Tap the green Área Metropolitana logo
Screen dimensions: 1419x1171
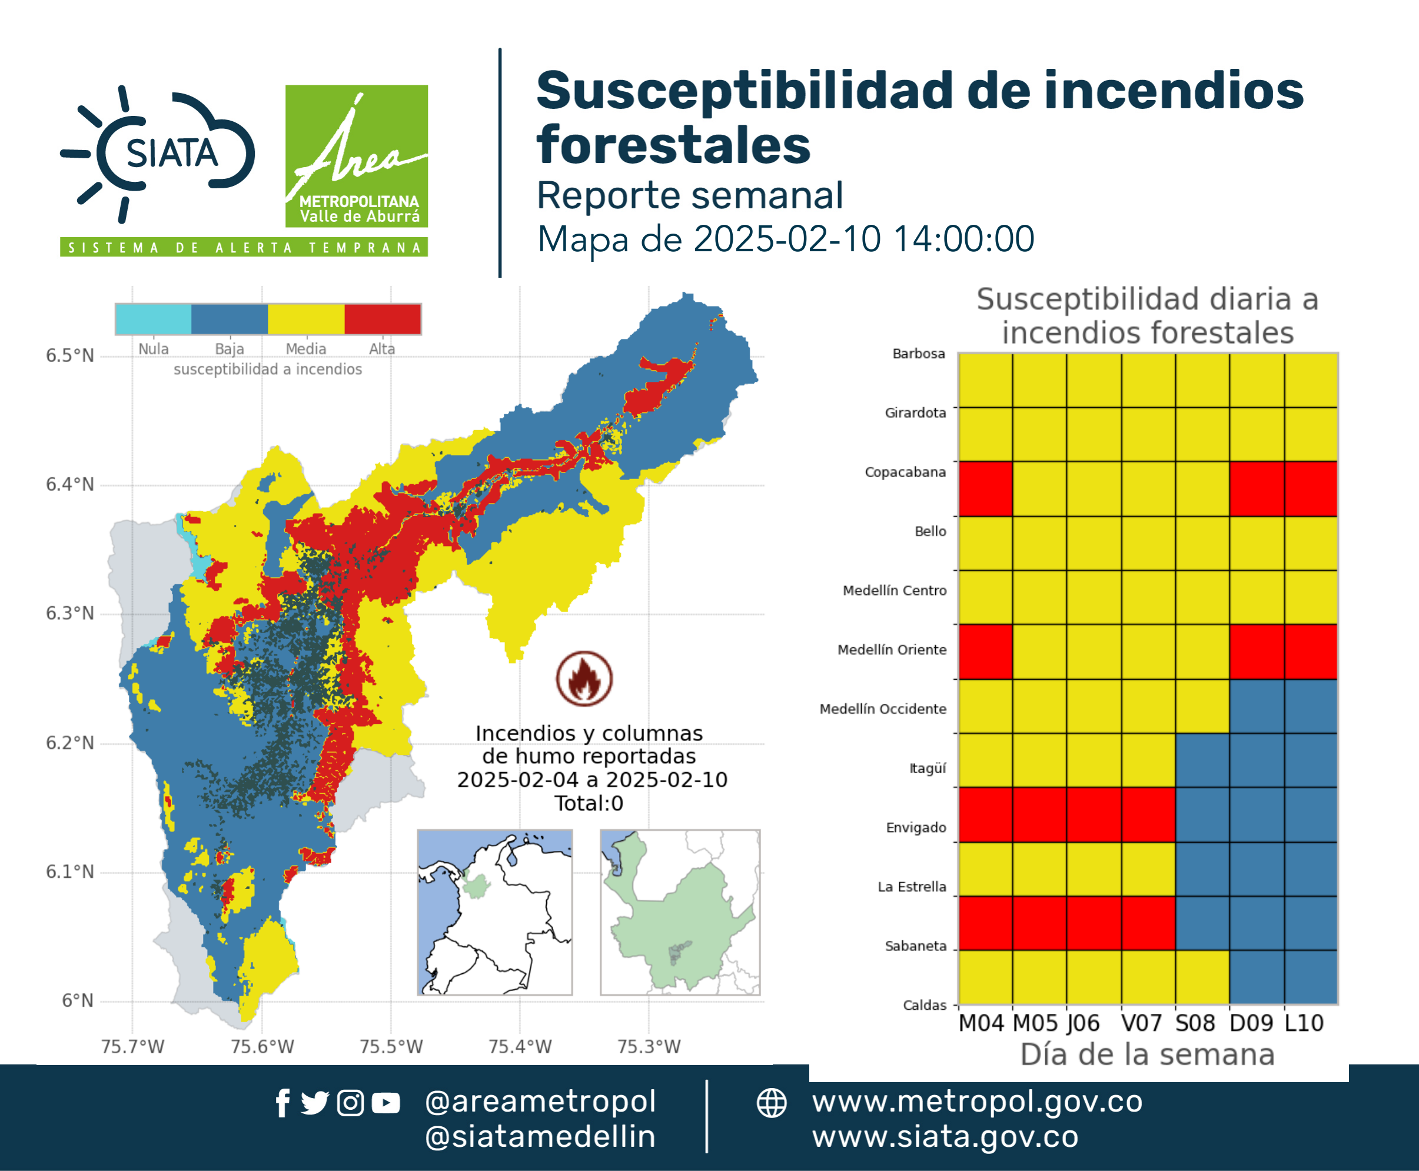356,156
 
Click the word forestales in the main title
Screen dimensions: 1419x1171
673,145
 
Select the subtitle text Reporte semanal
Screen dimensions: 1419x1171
690,195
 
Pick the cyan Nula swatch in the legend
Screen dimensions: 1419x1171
153,319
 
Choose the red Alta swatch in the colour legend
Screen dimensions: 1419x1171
383,319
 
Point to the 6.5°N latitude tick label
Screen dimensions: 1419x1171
69,355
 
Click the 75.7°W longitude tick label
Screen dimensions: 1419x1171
132,1046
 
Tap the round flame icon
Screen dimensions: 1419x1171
584,678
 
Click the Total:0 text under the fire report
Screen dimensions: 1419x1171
589,803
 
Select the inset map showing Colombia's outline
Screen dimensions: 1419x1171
494,912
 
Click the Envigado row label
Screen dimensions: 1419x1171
916,828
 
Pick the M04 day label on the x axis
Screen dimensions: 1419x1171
981,1023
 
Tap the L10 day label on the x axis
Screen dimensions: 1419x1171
1304,1023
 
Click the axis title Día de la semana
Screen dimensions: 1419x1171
1147,1054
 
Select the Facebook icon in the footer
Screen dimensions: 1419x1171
283,1103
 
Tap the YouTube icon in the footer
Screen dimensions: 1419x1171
386,1103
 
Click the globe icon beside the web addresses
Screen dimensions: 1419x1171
771,1103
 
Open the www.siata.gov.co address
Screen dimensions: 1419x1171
945,1137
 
